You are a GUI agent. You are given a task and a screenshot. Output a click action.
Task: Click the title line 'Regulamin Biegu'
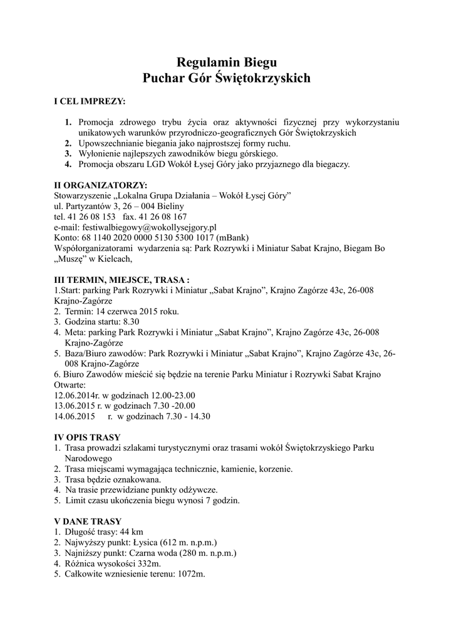point(227,62)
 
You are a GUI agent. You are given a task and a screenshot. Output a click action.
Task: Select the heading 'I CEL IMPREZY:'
point(90,101)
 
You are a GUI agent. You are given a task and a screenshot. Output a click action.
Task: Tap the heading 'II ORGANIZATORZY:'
point(101,185)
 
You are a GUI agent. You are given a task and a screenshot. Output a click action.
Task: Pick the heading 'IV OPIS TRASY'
point(88,437)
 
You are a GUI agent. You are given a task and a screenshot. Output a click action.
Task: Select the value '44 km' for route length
point(132,532)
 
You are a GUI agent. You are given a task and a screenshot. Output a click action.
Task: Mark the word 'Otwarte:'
point(70,385)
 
